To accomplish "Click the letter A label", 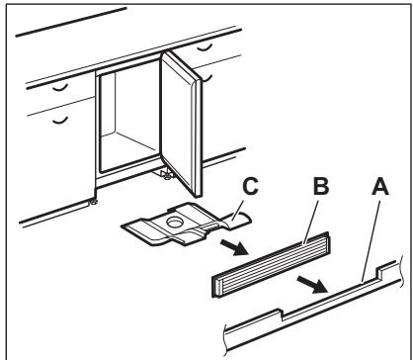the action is point(380,187).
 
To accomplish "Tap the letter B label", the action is point(321,186).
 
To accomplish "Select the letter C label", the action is point(250,186).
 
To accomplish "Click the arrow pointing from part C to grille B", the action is point(234,247).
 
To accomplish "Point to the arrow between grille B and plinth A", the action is point(312,285).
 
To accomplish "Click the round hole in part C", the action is point(174,222).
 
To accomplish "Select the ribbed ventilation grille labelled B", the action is point(271,264).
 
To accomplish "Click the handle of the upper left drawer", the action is point(60,88).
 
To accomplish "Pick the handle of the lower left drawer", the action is point(60,121).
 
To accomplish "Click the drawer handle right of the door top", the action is point(205,47).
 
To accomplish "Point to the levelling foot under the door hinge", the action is point(166,174).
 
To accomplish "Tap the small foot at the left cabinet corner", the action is point(94,202).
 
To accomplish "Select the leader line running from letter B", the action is point(311,222).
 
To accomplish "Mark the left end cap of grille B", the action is point(216,287).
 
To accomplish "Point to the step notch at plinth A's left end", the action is point(280,314).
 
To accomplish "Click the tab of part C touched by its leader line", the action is point(236,221).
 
